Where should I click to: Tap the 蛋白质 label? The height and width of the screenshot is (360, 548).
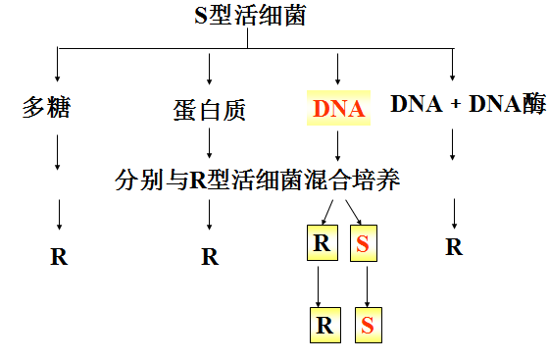209,110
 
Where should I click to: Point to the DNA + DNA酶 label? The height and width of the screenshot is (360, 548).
468,104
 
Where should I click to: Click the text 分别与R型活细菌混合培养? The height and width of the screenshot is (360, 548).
258,180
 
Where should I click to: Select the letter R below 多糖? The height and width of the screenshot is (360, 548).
59,257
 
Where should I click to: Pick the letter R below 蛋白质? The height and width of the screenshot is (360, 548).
209,257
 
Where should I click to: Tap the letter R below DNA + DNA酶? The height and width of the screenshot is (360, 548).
453,246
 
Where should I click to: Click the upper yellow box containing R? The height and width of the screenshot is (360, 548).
322,242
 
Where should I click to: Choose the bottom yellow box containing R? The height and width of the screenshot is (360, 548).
322,325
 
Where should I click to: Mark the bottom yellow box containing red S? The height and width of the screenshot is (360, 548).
367,325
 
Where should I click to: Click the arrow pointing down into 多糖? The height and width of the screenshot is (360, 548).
59,66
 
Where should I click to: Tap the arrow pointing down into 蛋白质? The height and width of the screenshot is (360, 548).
209,68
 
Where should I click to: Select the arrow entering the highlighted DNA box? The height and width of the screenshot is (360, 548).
338,67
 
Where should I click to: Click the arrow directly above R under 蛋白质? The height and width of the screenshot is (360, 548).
209,218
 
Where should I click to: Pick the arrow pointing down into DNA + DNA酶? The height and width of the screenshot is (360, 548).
452,64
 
